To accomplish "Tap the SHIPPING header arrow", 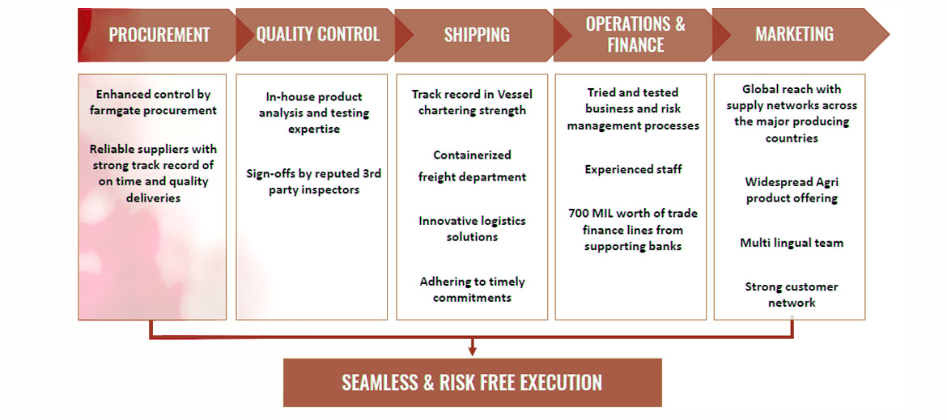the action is pos(477,35).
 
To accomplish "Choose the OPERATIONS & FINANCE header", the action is pos(635,35).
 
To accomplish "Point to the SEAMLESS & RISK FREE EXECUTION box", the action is pos(473,383).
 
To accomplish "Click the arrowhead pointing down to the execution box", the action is pos(473,350).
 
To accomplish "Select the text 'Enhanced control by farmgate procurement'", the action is pos(156,102).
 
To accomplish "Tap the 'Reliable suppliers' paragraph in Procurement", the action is pos(154,173).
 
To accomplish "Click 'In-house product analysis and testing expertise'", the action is pos(314,112).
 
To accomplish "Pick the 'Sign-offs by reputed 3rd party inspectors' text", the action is pos(314,181).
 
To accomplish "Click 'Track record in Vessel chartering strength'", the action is pos(472,103).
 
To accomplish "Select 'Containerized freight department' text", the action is pos(473,166).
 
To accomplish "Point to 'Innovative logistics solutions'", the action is pos(473,229).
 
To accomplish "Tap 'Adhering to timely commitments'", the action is pos(473,290).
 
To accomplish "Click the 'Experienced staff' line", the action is pos(634,170).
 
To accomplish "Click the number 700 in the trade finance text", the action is pos(579,214).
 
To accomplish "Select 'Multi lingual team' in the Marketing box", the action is pos(792,244).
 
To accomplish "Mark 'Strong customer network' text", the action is pos(792,295).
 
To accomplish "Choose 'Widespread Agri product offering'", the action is pos(792,190).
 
